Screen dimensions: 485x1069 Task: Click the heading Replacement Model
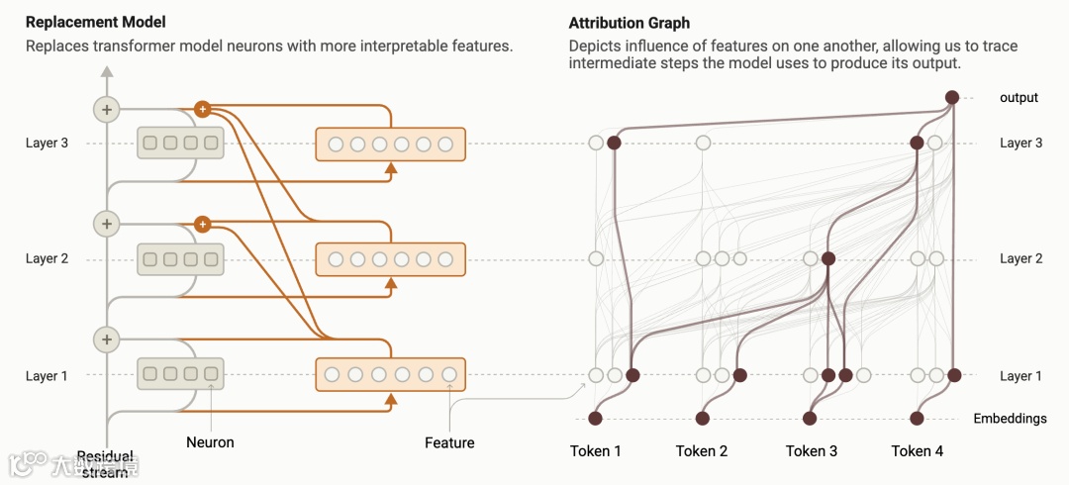point(96,22)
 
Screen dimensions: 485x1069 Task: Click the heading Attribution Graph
point(630,23)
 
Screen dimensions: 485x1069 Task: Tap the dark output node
point(952,97)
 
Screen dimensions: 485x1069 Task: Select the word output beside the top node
point(1019,97)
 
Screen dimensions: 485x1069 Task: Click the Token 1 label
point(596,451)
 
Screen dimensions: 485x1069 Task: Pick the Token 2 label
point(702,451)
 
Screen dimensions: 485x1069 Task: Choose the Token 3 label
point(812,451)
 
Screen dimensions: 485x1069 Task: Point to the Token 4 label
point(918,451)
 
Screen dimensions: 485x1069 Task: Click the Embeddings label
point(1010,419)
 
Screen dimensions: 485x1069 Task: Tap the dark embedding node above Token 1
point(596,419)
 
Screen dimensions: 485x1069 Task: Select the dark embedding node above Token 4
point(918,419)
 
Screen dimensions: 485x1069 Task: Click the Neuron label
point(210,442)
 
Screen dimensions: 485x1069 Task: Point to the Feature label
point(449,442)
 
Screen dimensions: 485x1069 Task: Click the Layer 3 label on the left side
point(48,144)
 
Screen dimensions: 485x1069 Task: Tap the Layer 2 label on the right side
point(1020,258)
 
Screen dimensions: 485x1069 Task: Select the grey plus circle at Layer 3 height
point(106,109)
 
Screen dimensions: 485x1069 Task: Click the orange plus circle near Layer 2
point(203,225)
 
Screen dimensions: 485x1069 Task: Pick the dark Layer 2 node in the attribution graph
point(828,259)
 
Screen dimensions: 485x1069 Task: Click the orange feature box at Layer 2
point(390,259)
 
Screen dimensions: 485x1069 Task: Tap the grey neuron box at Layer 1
point(180,374)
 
